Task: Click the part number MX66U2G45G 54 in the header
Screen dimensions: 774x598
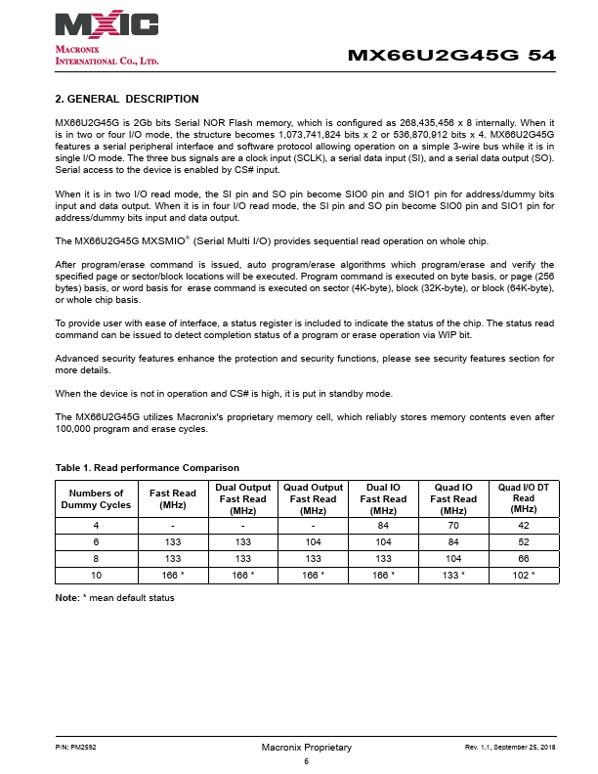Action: [451, 56]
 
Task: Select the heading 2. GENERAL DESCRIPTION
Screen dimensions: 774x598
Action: [127, 99]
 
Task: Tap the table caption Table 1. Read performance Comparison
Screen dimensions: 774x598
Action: [148, 467]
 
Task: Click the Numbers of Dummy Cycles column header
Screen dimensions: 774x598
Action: [97, 498]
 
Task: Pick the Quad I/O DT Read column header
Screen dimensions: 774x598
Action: [524, 498]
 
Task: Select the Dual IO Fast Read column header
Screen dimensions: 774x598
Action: [383, 498]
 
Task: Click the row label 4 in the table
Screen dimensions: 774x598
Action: [97, 526]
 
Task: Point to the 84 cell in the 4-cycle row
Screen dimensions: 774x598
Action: [383, 526]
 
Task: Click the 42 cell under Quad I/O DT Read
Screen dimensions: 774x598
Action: [524, 526]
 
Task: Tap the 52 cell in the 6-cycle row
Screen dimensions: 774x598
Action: [524, 541]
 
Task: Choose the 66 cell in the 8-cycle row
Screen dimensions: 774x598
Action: [524, 558]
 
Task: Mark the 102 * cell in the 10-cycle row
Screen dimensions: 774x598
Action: [524, 575]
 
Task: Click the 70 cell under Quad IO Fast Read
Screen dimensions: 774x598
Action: [453, 526]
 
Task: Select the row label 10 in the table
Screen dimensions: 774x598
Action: [97, 575]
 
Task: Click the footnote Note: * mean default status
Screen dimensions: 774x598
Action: [114, 596]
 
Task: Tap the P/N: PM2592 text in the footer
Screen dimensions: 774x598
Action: [74, 747]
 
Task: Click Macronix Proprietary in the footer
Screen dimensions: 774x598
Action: [306, 747]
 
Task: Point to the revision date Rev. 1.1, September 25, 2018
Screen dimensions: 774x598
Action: [510, 747]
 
